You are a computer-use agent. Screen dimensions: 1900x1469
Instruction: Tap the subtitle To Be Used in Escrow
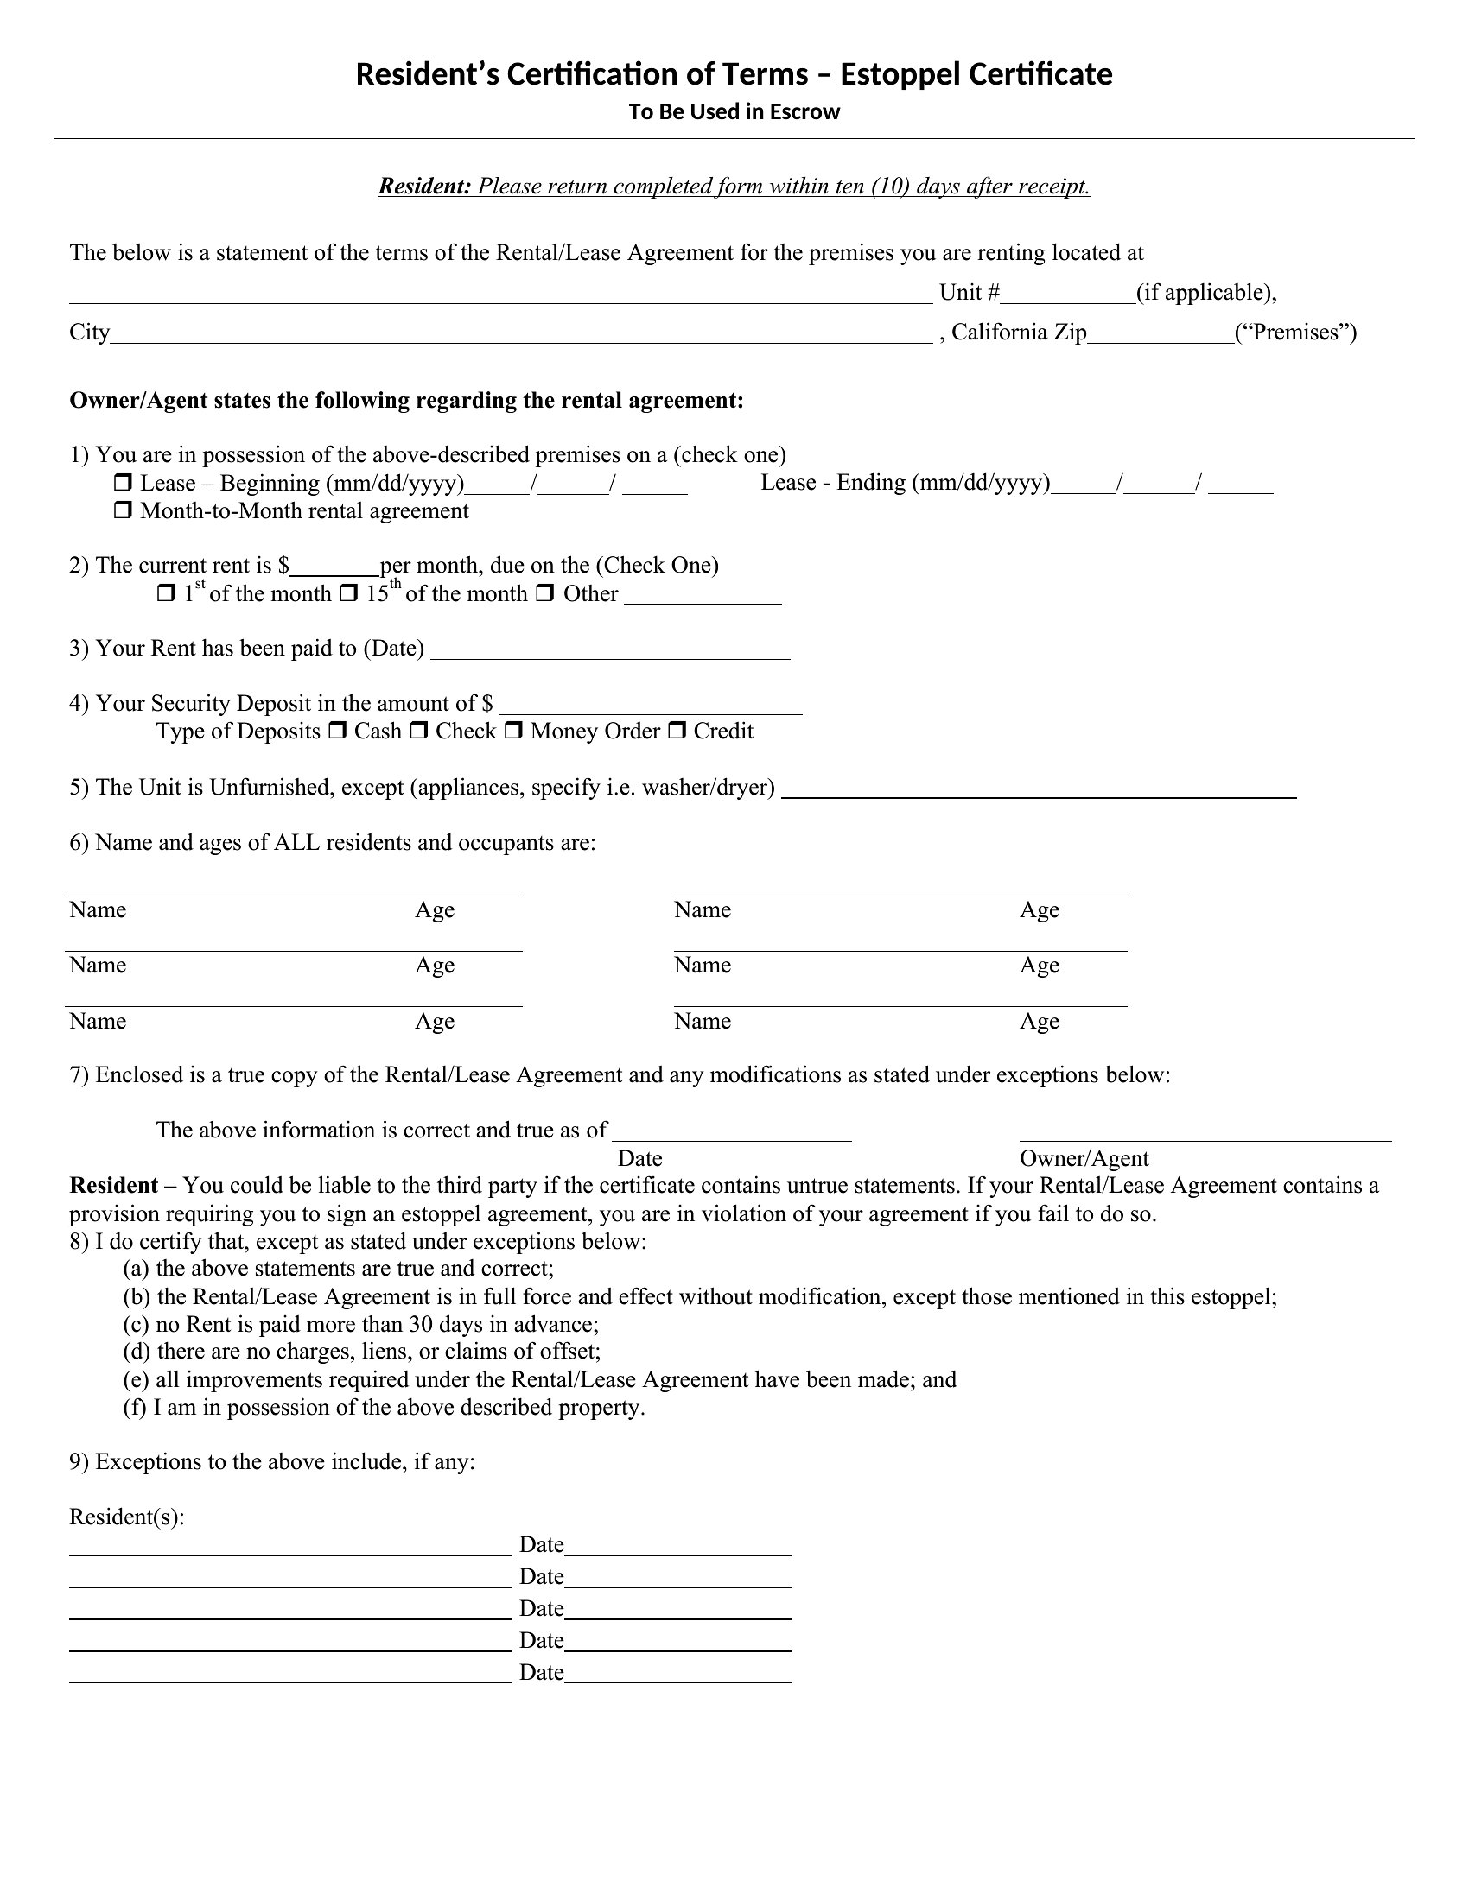coord(734,112)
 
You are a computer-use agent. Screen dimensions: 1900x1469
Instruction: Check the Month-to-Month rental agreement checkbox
coord(123,510)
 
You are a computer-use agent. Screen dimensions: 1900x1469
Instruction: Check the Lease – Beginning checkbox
coord(123,483)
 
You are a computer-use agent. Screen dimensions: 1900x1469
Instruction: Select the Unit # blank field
coord(1068,294)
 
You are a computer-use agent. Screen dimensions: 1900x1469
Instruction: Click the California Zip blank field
coord(1160,335)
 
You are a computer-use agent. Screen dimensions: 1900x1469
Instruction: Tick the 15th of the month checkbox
coord(348,594)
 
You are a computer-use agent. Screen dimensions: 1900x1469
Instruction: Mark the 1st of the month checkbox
coord(165,594)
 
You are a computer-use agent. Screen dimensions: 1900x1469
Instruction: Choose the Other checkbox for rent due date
coord(544,594)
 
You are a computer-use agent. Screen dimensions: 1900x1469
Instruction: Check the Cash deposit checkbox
coord(337,731)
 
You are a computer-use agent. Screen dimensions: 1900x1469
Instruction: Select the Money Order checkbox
coord(513,731)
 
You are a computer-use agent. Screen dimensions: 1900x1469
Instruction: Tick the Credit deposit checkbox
coord(677,731)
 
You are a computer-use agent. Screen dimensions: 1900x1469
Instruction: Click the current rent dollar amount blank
coord(335,567)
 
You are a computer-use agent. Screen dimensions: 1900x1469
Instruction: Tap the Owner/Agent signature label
coord(1084,1159)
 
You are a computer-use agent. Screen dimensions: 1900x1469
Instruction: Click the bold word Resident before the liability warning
coord(113,1186)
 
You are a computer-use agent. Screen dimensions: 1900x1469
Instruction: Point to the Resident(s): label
coord(127,1517)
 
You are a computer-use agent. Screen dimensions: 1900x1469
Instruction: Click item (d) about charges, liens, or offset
coord(362,1351)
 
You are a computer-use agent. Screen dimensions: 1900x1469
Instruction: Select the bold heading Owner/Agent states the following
coord(406,401)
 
